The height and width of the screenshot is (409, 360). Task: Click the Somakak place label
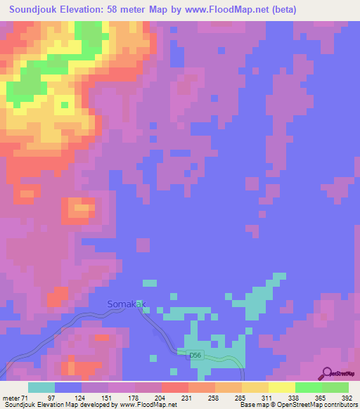click(124, 304)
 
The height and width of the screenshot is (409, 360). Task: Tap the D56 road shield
click(195, 356)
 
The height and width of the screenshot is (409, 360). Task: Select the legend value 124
click(81, 398)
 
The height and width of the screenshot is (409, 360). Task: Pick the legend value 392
click(346, 398)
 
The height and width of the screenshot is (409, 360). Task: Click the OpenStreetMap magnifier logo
click(328, 372)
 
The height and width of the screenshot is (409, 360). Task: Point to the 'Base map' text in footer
click(250, 405)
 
